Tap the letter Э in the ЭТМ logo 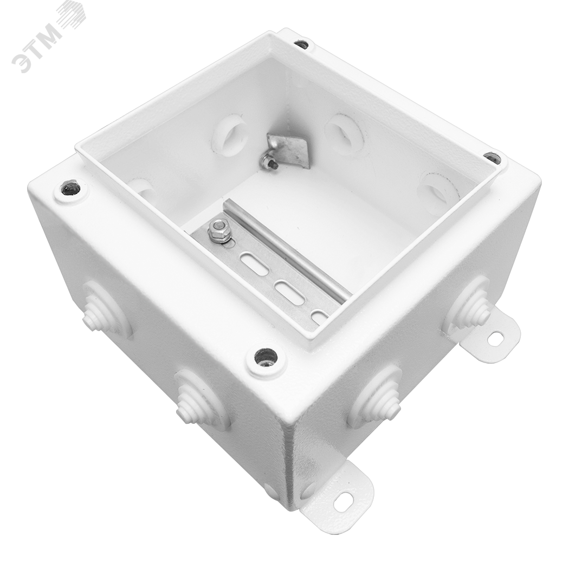tap(20, 61)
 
